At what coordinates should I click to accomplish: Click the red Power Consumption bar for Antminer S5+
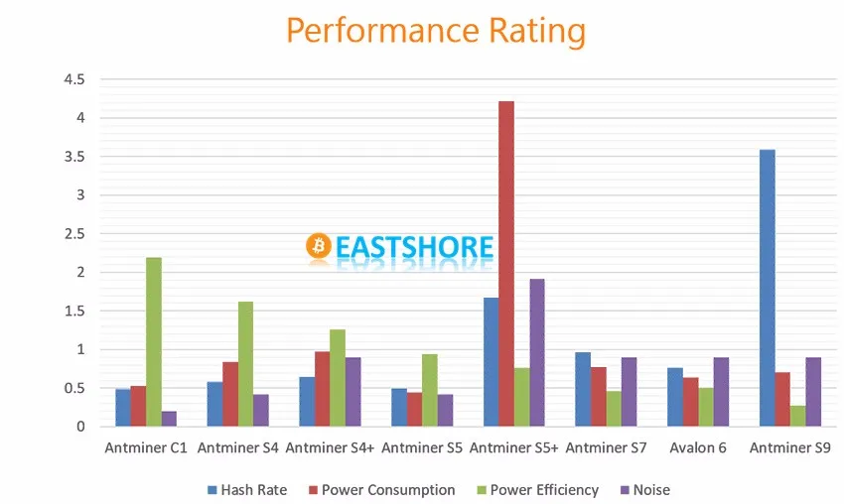point(505,264)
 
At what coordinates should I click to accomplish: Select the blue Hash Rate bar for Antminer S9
point(767,288)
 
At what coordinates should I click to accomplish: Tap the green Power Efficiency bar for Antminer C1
point(154,341)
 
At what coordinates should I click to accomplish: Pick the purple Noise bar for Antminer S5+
point(537,352)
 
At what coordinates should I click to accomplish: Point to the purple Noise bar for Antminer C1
point(169,419)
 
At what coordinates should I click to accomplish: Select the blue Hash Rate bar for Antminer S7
point(583,389)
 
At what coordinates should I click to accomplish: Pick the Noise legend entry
point(644,489)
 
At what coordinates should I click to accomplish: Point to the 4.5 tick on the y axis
point(73,79)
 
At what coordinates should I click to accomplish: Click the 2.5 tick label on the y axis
point(73,233)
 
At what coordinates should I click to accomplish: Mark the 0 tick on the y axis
point(80,427)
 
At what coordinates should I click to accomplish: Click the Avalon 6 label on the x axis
point(698,447)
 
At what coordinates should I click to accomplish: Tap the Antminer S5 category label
point(422,447)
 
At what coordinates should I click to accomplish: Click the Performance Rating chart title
point(435,31)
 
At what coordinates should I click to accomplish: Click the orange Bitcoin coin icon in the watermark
point(319,245)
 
